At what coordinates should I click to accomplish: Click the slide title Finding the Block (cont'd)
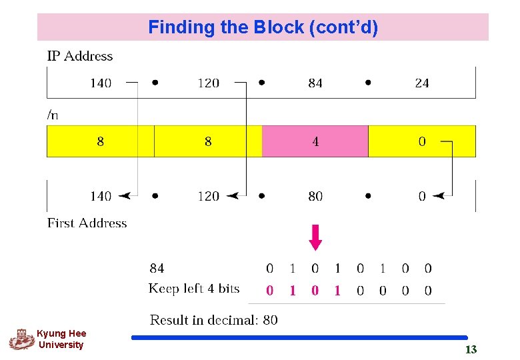(263, 27)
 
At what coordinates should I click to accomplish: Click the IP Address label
(80, 57)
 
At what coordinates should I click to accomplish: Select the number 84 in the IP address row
(315, 83)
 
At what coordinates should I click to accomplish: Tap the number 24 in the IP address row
(422, 83)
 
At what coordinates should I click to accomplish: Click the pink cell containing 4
(315, 141)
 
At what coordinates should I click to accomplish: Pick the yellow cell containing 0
(422, 141)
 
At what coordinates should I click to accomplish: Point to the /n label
(53, 115)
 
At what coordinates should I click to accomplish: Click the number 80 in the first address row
(315, 196)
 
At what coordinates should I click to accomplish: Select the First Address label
(87, 223)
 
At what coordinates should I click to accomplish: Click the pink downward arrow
(315, 237)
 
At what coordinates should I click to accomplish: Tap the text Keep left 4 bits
(193, 289)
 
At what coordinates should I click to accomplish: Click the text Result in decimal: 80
(213, 320)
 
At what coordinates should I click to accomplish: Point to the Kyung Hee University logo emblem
(21, 339)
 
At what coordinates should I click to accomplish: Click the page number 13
(471, 349)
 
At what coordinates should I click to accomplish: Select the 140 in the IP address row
(101, 83)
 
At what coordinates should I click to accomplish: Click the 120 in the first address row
(208, 196)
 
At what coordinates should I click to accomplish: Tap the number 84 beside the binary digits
(157, 269)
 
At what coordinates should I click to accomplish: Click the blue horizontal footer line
(299, 338)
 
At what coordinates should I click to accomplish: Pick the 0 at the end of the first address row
(422, 196)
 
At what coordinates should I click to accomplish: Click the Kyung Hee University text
(61, 339)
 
